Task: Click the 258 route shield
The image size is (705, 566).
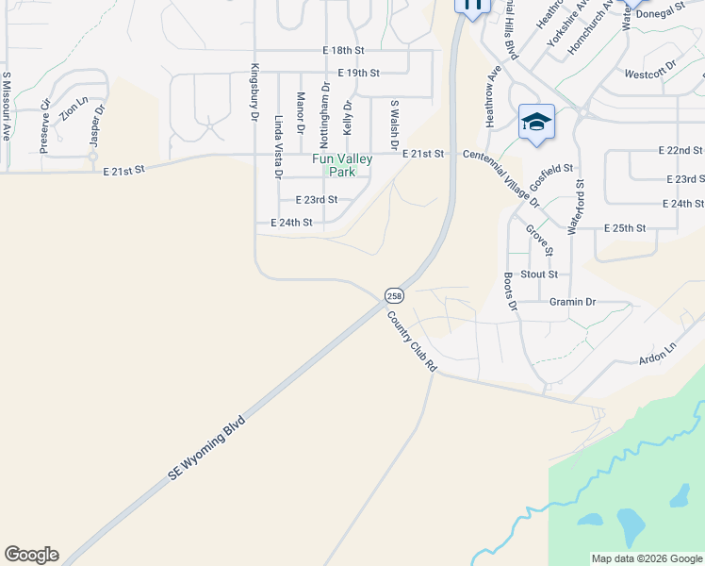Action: [394, 295]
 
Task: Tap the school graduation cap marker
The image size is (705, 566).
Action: [536, 123]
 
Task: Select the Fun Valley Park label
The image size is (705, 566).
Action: [341, 165]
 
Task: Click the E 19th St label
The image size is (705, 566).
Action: [358, 73]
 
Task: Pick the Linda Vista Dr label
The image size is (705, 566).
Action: [278, 147]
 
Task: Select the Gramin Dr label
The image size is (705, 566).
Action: [572, 302]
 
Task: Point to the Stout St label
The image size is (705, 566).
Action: [540, 275]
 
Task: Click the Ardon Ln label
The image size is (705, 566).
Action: [658, 353]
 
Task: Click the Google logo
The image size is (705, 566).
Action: [31, 555]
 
